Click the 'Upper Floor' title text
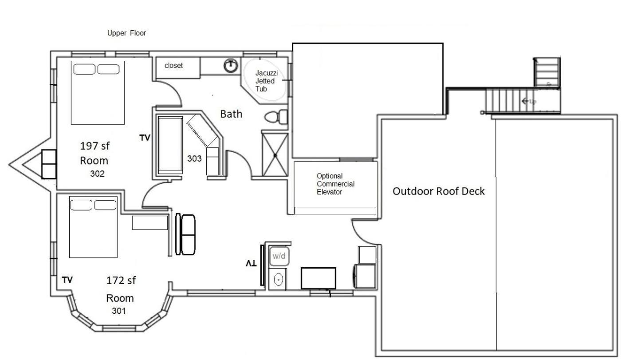coord(126,33)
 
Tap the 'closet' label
coord(173,66)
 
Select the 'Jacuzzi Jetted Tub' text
coord(267,81)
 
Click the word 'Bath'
coord(231,114)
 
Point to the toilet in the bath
coord(276,117)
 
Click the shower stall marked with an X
coord(275,155)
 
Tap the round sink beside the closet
coord(231,66)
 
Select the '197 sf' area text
coord(95,146)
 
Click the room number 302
coord(97,174)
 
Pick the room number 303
coord(194,158)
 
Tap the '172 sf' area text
coord(121,281)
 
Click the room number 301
coord(119,311)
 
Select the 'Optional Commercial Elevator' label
coord(335,184)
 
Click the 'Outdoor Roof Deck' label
coord(439,191)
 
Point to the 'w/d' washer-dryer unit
coord(279,256)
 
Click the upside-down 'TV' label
coord(251,264)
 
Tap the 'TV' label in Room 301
coord(67,280)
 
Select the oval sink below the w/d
coord(278,280)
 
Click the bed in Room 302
coord(98,93)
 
